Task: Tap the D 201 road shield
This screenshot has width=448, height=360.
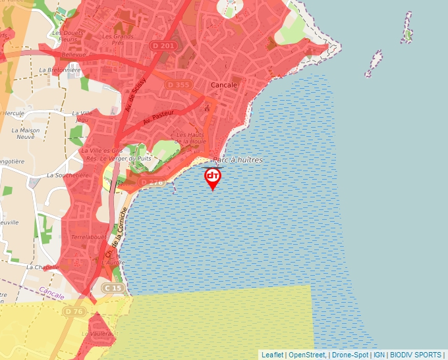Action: [163, 45]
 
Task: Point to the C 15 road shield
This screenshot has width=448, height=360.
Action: [113, 288]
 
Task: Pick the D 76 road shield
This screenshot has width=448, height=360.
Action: [74, 311]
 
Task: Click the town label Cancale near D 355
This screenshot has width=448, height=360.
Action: [223, 85]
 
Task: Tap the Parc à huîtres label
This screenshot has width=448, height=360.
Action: [237, 160]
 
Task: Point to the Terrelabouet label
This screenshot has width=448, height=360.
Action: [88, 236]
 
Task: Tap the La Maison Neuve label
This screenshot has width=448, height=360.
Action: [26, 134]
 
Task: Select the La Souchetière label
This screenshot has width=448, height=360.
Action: [67, 176]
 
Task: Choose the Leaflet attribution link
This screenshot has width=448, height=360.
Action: [272, 355]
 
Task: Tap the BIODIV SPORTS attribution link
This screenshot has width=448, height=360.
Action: [415, 355]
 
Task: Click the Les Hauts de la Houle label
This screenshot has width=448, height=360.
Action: [191, 138]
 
